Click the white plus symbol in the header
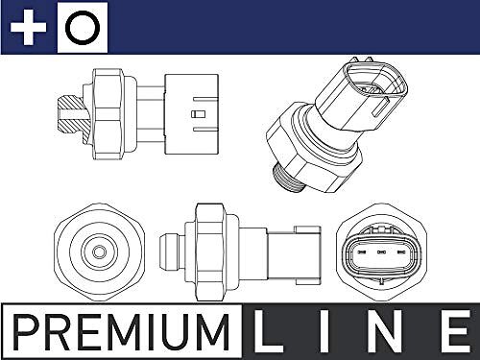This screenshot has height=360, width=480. click(28, 27)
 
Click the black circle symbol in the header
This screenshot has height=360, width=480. click(83, 27)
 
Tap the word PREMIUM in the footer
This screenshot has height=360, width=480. click(121, 332)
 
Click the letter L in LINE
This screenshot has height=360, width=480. click(268, 331)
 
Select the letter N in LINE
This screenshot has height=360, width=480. click(382, 331)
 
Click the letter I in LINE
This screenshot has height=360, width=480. click(324, 331)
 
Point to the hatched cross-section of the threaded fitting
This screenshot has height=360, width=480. click(73, 115)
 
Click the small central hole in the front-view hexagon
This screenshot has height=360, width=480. click(99, 252)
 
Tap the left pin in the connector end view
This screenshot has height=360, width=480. click(362, 252)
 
